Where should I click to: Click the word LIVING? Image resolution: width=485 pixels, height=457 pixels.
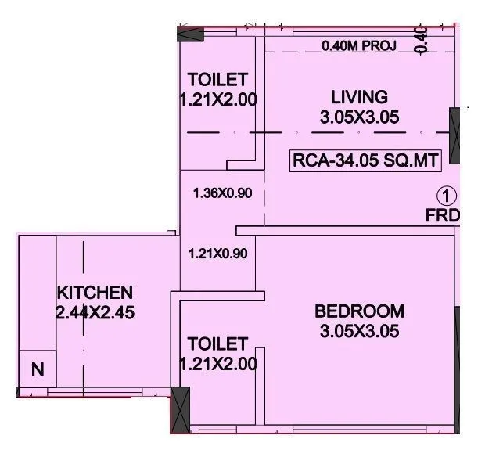pos(359,98)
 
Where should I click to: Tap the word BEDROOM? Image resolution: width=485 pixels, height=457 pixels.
pos(359,311)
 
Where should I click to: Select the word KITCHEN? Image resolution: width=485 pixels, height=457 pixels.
pos(94,293)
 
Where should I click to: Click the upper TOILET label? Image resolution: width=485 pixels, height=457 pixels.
pos(218,80)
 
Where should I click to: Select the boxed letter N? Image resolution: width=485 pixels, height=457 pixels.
pos(37,369)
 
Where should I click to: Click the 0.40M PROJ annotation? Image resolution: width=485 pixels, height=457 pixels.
pos(358,46)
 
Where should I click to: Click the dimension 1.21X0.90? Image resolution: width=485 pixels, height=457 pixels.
pos(218,254)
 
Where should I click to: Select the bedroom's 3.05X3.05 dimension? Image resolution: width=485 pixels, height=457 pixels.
pos(359,331)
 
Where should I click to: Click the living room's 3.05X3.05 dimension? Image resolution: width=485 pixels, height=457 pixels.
pos(359,118)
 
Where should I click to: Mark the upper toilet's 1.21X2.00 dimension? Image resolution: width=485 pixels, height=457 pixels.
pos(218,100)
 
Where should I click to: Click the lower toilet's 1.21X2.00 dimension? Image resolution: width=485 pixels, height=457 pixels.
pos(218,364)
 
